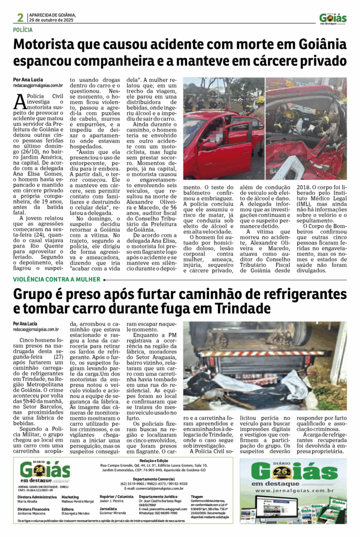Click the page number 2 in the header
pyautogui.click(x=20, y=17)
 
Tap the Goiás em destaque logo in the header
pyautogui.click(x=333, y=19)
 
